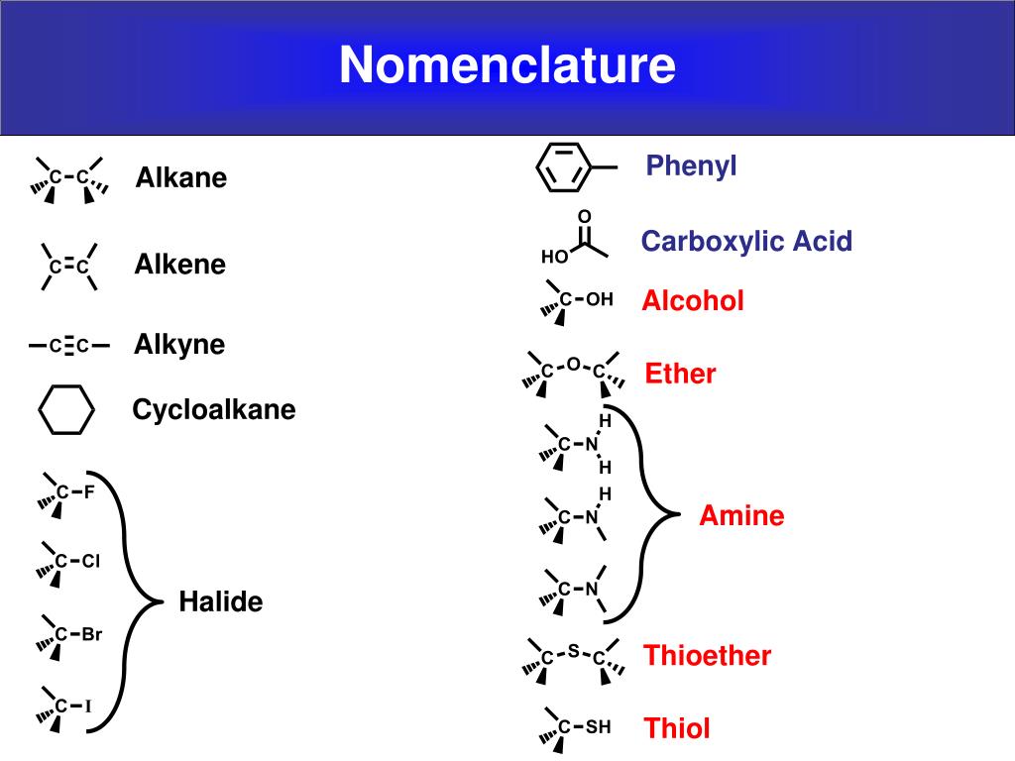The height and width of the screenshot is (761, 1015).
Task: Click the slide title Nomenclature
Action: [507, 65]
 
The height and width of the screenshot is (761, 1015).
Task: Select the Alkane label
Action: [181, 178]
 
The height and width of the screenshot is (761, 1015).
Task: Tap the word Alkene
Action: [180, 265]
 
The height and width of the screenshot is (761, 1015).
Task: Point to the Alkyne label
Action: [179, 345]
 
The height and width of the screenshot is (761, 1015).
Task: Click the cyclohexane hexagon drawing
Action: [66, 410]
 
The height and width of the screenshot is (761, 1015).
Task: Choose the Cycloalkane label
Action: [214, 409]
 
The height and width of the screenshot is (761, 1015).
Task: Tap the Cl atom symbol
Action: [91, 561]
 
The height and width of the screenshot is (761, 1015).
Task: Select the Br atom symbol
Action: [92, 634]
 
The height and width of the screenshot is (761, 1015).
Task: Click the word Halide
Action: [221, 601]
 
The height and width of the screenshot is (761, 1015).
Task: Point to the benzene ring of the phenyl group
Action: [562, 168]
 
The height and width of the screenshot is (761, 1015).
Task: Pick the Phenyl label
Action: [692, 165]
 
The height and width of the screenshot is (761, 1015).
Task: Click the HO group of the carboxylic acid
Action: [555, 257]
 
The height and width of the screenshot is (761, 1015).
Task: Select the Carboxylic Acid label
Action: [746, 241]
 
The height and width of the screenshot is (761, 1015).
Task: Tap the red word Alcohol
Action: [693, 301]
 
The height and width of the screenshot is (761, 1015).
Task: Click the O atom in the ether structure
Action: [573, 365]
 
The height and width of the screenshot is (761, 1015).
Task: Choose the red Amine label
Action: [741, 515]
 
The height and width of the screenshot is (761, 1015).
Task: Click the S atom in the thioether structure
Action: [573, 651]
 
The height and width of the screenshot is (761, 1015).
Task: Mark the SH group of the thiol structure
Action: [598, 727]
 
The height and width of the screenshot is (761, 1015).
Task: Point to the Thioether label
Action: [708, 655]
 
